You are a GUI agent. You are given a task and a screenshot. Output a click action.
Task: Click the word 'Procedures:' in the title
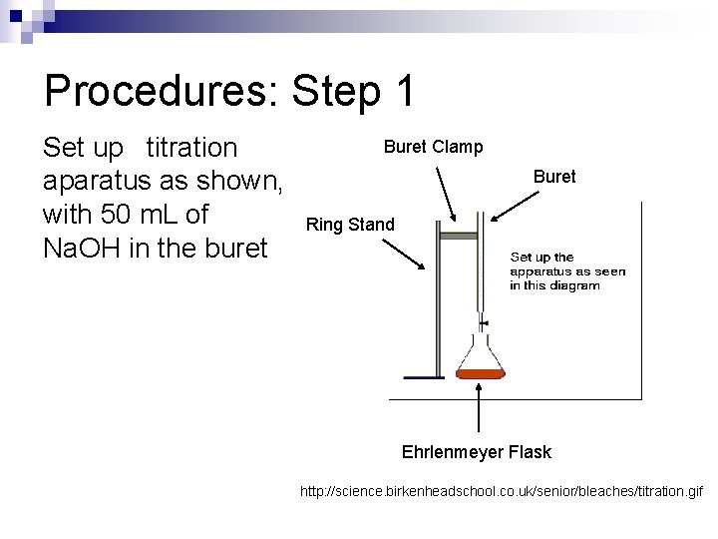coord(160,93)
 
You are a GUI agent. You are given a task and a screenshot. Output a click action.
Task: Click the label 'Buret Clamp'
coord(434,147)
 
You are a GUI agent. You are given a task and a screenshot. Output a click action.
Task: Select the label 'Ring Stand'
coord(350,224)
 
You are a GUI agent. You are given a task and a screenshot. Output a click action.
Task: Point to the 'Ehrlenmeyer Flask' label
coord(477,452)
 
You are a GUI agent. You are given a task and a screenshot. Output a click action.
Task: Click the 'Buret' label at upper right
coord(554,177)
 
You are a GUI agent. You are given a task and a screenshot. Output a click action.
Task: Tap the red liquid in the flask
coord(482,374)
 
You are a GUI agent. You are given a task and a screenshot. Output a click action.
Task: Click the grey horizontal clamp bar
coord(460,236)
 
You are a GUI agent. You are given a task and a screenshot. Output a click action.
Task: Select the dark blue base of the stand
coord(424,377)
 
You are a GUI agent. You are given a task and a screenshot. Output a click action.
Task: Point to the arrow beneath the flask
coord(482,409)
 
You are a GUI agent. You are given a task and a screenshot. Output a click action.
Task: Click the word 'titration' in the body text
coord(192,149)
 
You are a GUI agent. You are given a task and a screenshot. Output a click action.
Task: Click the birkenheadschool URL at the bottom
coord(502,492)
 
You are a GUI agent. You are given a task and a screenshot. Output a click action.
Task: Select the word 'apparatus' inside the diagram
coord(542,270)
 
